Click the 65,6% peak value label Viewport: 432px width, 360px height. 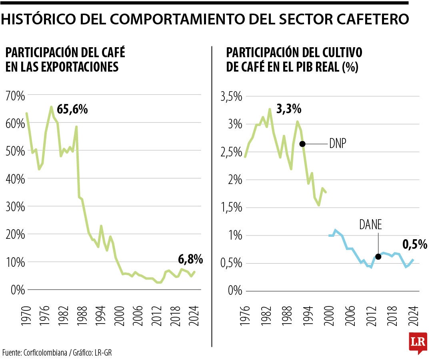[72, 109]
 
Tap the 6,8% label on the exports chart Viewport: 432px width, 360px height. [190, 260]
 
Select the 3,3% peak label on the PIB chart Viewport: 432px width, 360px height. [288, 108]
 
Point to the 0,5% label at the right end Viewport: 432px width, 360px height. [415, 244]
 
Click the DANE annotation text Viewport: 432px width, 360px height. [370, 225]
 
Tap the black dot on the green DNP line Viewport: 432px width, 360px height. [302, 144]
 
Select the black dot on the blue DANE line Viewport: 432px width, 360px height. [378, 257]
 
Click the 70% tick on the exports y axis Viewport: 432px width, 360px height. [15, 96]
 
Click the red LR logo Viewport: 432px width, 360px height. [418, 342]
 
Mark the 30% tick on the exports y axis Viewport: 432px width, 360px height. [15, 207]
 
